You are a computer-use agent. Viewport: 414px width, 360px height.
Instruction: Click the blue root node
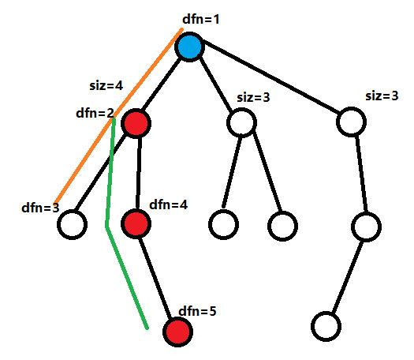click(x=189, y=47)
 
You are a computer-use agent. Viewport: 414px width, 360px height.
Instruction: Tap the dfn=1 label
click(x=201, y=19)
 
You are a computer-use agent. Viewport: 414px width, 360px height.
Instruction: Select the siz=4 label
click(x=106, y=85)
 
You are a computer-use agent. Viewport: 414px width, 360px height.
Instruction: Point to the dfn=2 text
click(x=95, y=113)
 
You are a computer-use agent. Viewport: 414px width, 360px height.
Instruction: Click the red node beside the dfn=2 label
click(x=136, y=123)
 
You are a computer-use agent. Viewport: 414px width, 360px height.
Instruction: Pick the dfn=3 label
click(x=40, y=208)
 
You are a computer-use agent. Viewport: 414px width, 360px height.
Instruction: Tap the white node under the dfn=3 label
click(x=72, y=224)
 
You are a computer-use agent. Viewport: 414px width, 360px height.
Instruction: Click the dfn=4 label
click(x=169, y=204)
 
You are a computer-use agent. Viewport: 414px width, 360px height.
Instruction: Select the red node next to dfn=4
click(x=136, y=223)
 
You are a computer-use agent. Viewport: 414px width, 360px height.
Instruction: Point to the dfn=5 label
click(x=197, y=311)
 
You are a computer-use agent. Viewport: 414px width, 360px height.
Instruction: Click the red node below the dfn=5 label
click(x=177, y=332)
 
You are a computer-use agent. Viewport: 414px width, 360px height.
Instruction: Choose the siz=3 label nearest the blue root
click(x=253, y=97)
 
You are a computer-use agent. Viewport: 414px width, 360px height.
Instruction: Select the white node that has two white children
click(x=241, y=122)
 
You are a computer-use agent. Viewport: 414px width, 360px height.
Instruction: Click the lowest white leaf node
click(x=326, y=326)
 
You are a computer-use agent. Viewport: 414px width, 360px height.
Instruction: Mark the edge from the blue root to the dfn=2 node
click(x=162, y=84)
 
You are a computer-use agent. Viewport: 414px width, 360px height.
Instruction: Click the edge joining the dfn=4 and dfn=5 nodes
click(x=156, y=278)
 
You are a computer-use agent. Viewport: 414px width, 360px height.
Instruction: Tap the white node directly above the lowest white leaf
click(x=366, y=227)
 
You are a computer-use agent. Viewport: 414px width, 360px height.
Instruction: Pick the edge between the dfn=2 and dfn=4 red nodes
click(x=138, y=173)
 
